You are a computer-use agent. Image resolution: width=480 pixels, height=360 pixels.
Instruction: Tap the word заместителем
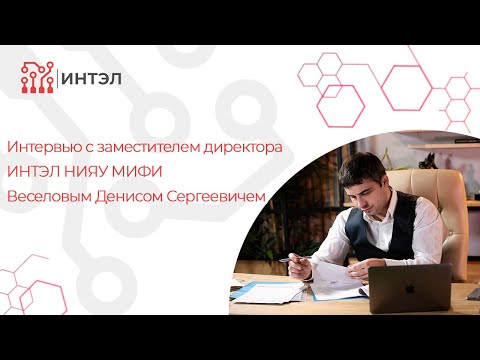pyautogui.click(x=153, y=146)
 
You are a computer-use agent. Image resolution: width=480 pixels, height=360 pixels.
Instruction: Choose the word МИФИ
pyautogui.click(x=162, y=170)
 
